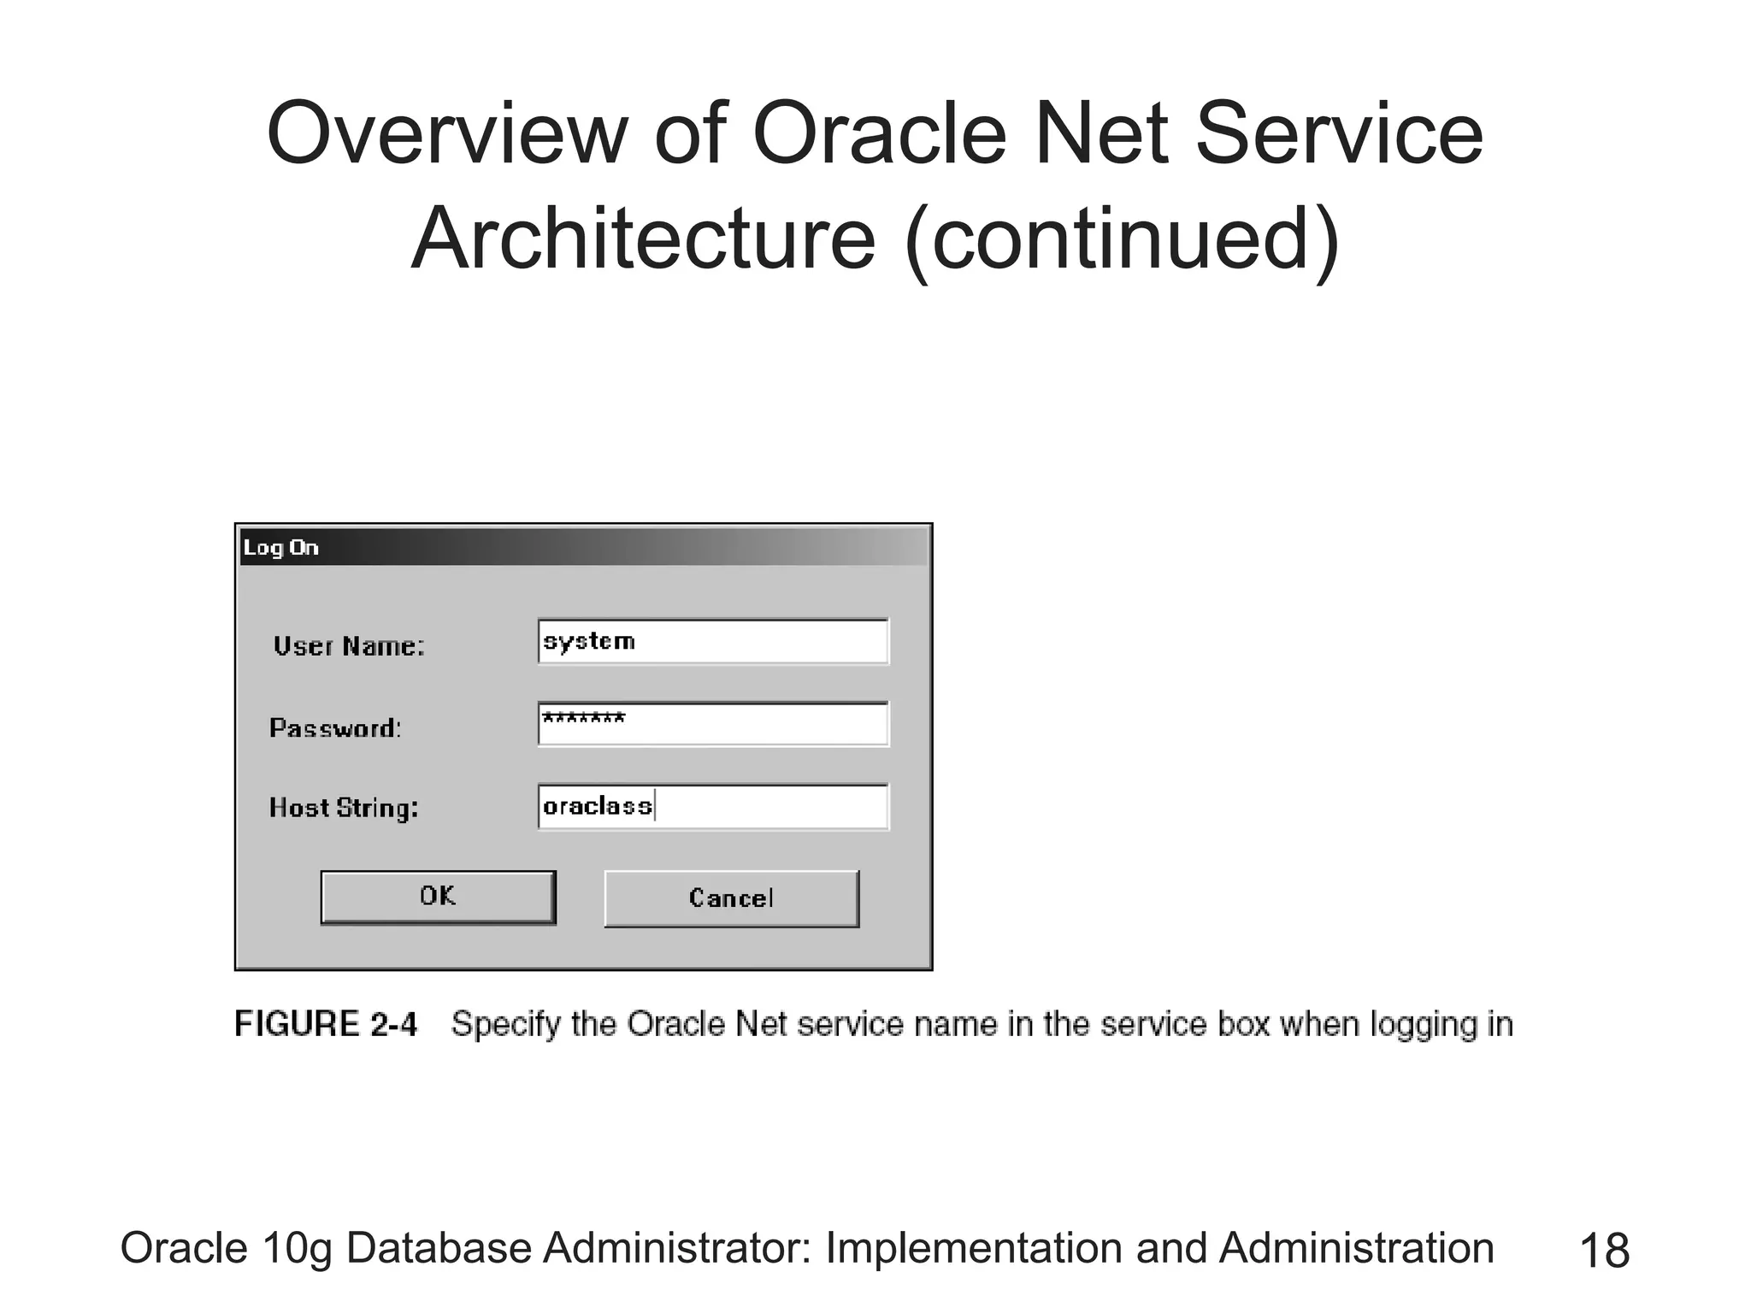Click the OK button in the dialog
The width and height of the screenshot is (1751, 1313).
click(x=438, y=897)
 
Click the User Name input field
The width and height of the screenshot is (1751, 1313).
click(x=713, y=642)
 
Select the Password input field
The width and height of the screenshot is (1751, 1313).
click(x=713, y=724)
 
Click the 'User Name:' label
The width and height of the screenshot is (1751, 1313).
click(x=349, y=646)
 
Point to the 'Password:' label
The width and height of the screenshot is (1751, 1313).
click(x=335, y=728)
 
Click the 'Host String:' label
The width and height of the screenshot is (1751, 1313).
click(x=344, y=808)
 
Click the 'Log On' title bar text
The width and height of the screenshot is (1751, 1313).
click(x=280, y=548)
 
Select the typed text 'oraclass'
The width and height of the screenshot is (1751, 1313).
click(x=598, y=806)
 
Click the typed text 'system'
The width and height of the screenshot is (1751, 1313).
click(x=589, y=641)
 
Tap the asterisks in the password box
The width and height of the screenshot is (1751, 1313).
click(x=584, y=718)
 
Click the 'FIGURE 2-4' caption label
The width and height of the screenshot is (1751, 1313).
click(x=326, y=1024)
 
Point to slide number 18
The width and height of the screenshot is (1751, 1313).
click(x=1604, y=1251)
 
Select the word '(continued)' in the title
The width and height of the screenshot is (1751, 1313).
click(x=1121, y=238)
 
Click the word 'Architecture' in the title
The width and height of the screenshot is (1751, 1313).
click(x=643, y=238)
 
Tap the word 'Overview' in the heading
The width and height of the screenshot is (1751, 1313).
click(x=447, y=134)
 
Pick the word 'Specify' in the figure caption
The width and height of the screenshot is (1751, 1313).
click(x=505, y=1025)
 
